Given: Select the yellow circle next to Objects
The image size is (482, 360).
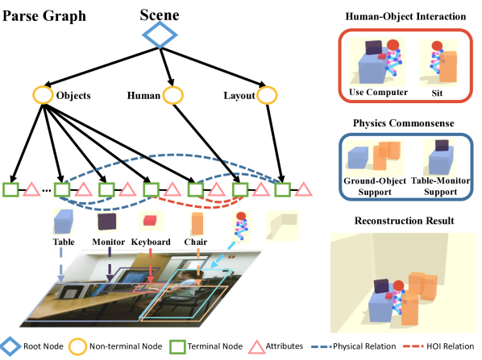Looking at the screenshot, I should pyautogui.click(x=42, y=94).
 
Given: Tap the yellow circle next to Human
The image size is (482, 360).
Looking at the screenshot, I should pyautogui.click(x=172, y=95).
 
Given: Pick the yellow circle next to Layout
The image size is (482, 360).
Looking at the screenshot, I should pyautogui.click(x=265, y=95).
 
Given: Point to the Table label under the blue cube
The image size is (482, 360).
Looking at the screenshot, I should pyautogui.click(x=65, y=240).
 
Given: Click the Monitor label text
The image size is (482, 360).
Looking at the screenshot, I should pyautogui.click(x=109, y=240).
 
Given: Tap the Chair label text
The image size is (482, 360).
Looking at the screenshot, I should pyautogui.click(x=195, y=240).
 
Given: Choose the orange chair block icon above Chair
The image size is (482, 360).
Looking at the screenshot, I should pyautogui.click(x=195, y=220).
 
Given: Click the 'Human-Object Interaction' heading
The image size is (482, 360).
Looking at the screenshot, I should pyautogui.click(x=405, y=15).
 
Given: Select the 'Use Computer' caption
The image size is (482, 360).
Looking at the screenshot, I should pyautogui.click(x=376, y=92).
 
